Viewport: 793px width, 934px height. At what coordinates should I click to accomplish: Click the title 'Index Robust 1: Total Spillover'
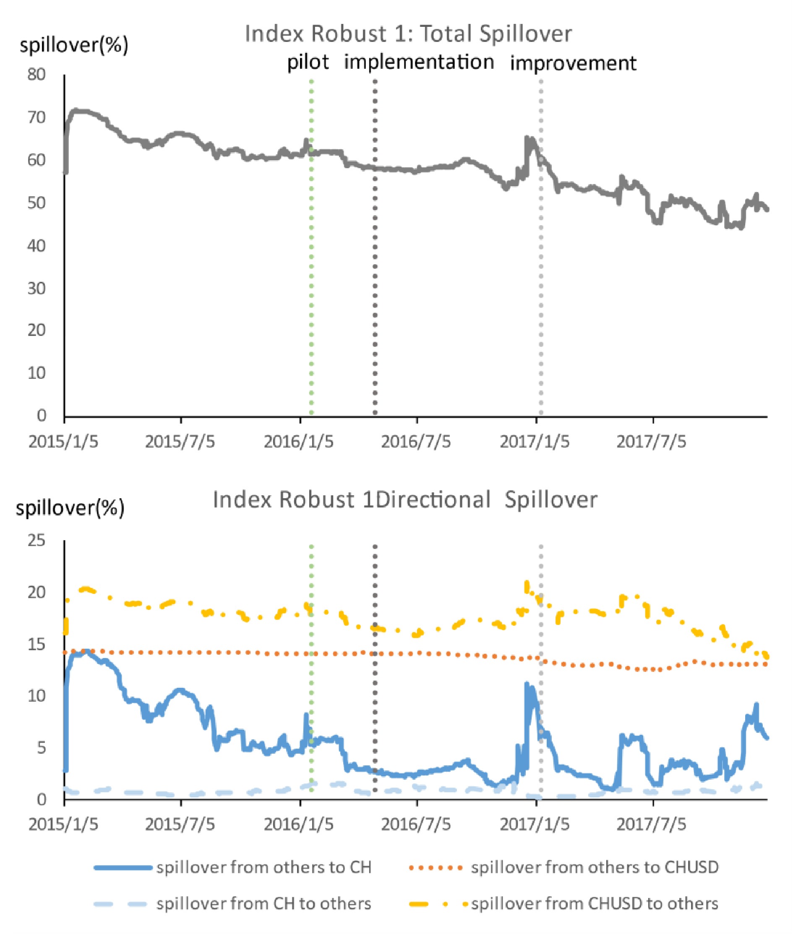(x=408, y=34)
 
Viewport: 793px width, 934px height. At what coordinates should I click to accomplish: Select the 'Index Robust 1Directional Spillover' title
(x=405, y=500)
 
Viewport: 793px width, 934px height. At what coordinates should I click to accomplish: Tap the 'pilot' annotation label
(x=308, y=62)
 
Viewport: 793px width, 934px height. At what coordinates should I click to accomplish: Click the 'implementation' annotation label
(x=419, y=62)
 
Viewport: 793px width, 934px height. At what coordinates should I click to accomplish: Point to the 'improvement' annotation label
(x=573, y=63)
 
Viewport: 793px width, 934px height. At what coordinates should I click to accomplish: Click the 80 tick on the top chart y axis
(x=37, y=75)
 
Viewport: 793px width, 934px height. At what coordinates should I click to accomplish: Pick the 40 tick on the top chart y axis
(x=37, y=246)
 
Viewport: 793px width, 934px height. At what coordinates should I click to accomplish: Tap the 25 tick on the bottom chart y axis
(x=37, y=541)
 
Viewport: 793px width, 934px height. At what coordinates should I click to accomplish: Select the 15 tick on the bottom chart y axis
(x=37, y=645)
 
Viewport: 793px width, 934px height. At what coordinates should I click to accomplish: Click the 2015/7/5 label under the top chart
(x=180, y=442)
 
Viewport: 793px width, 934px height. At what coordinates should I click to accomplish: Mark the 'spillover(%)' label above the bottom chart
(x=70, y=509)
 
